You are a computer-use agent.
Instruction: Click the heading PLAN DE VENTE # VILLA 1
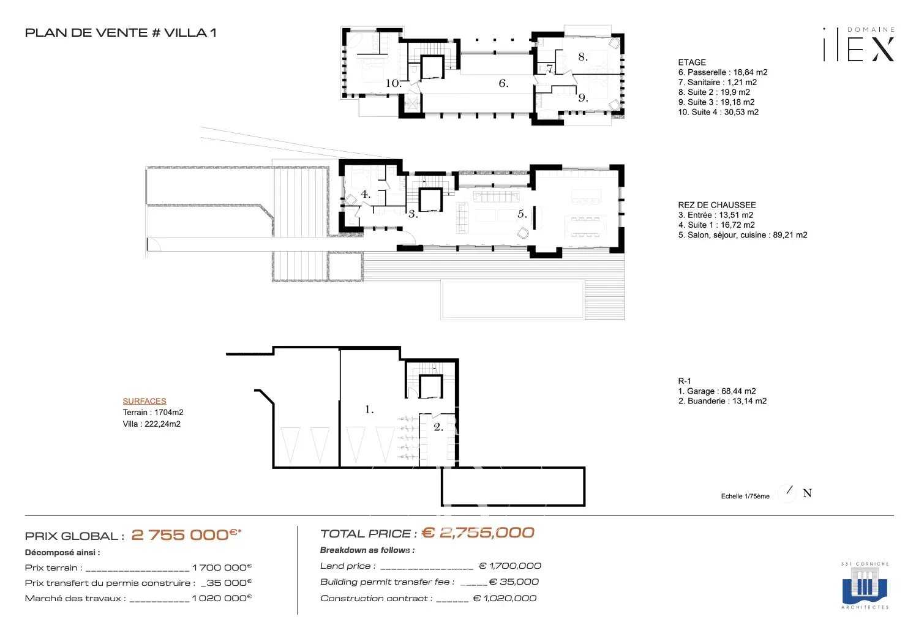120,33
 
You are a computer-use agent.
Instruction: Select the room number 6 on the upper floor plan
503,83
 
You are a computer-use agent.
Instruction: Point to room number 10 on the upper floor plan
393,83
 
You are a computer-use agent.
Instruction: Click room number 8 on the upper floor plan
582,57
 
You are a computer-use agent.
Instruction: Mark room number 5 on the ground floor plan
522,214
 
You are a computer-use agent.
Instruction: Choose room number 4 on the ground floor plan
365,195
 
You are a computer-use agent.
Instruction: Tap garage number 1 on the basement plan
369,410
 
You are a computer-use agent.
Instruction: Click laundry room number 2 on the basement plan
438,427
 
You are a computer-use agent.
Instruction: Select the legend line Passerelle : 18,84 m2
723,72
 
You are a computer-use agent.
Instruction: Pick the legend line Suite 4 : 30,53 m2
718,112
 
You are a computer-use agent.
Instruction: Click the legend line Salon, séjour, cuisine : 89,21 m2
742,234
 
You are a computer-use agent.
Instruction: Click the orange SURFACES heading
145,401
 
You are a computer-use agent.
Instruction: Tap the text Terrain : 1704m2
153,413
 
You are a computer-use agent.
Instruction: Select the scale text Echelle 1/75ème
745,496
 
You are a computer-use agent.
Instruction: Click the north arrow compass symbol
789,492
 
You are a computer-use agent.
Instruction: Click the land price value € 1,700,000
509,566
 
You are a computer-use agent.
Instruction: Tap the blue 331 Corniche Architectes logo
865,586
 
